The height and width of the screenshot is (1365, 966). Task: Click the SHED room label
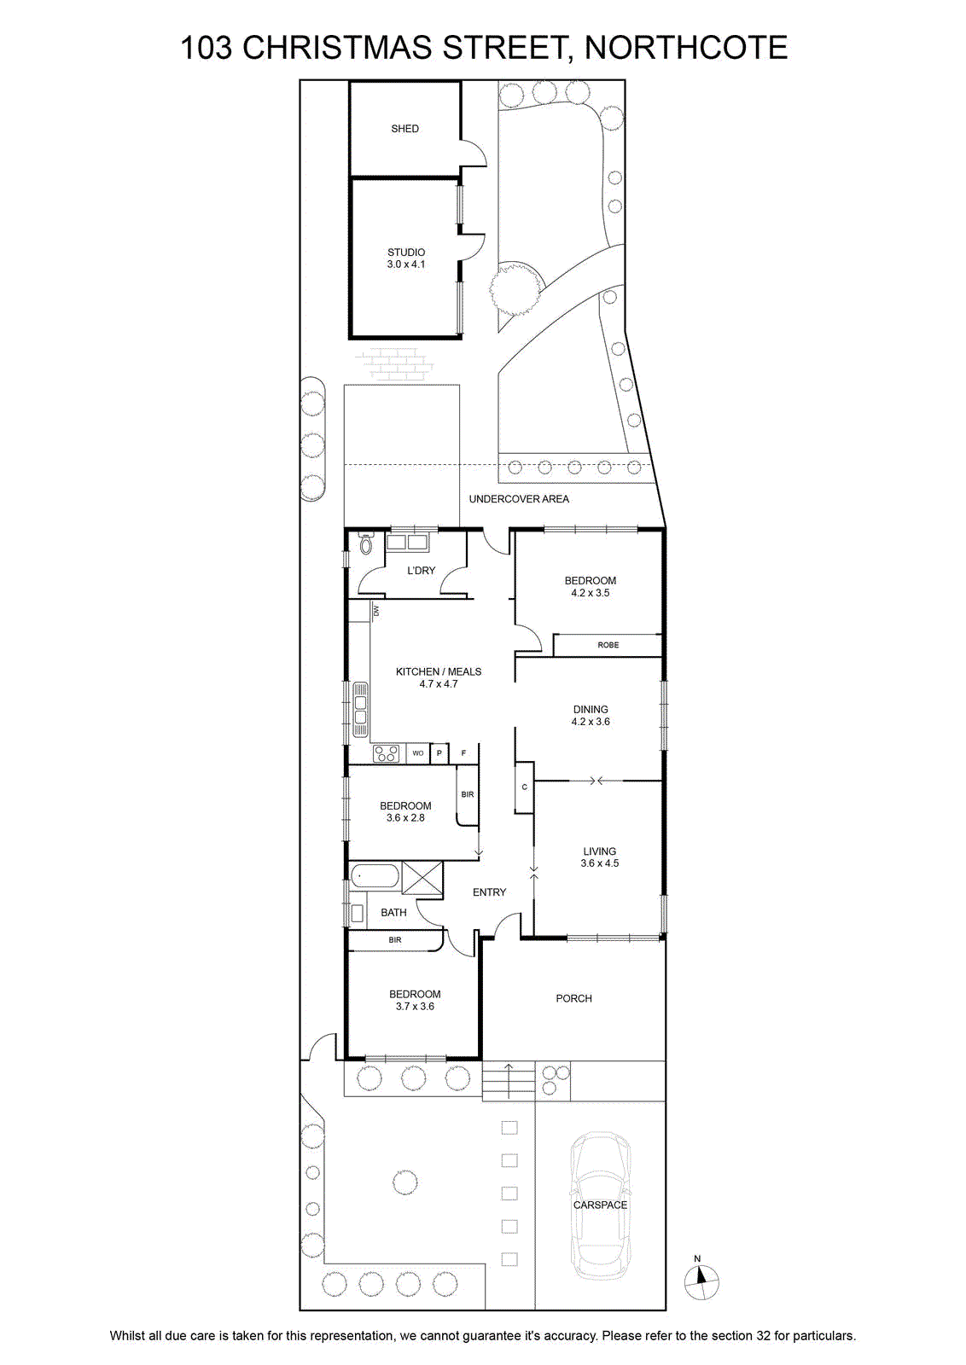click(x=404, y=129)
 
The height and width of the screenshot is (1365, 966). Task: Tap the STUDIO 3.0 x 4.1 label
click(x=406, y=258)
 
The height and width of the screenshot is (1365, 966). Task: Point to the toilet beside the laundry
click(x=366, y=543)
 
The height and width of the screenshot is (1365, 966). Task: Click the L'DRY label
click(x=422, y=571)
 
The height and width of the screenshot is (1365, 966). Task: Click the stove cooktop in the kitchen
click(x=386, y=753)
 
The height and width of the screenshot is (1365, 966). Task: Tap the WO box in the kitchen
click(x=417, y=753)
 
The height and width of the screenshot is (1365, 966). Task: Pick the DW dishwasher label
click(x=376, y=610)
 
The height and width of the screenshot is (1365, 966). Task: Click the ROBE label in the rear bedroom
click(x=608, y=645)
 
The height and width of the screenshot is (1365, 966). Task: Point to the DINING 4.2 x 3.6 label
click(x=590, y=715)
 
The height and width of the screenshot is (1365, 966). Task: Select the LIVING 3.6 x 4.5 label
click(x=599, y=857)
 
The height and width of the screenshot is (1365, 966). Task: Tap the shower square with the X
click(x=422, y=879)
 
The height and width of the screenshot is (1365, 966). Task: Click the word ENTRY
click(x=489, y=892)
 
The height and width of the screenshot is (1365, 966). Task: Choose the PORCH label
click(x=573, y=998)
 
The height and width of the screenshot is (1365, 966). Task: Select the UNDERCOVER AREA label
click(x=519, y=498)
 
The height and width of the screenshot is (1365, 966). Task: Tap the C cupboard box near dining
click(x=524, y=787)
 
